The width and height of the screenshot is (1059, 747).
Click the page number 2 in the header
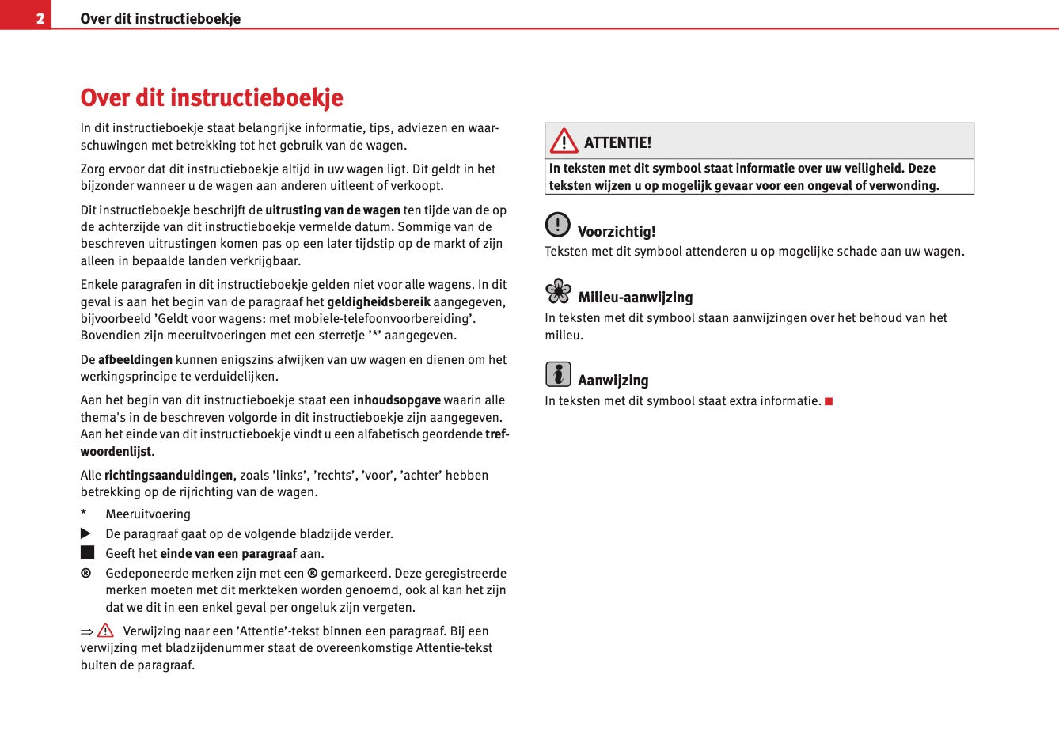(40, 18)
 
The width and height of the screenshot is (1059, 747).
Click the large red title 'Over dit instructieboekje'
(211, 97)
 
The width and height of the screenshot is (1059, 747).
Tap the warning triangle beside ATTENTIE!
(564, 142)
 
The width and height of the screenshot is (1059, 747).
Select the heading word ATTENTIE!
(617, 142)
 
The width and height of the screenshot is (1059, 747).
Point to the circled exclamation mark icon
(557, 225)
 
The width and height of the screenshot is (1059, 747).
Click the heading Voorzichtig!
(617, 232)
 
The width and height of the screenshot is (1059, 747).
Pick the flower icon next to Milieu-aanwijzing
(558, 291)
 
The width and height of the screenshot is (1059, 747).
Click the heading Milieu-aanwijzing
(635, 298)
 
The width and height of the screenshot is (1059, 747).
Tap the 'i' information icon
(557, 374)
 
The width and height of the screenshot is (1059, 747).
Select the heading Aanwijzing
(613, 381)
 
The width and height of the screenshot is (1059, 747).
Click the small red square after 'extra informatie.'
(829, 401)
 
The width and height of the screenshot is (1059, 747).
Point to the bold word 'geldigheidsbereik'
(378, 301)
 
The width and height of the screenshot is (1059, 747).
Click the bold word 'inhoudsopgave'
(397, 400)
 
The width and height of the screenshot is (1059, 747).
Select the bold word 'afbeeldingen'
(135, 360)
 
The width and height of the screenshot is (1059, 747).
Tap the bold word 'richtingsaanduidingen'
(169, 476)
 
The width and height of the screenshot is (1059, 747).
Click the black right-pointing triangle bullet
(86, 534)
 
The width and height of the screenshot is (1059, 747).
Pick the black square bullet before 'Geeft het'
(87, 552)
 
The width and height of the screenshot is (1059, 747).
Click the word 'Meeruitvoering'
(148, 514)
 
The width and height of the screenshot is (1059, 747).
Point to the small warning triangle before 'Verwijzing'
(106, 631)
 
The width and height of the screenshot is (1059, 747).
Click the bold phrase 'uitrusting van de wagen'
(332, 210)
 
